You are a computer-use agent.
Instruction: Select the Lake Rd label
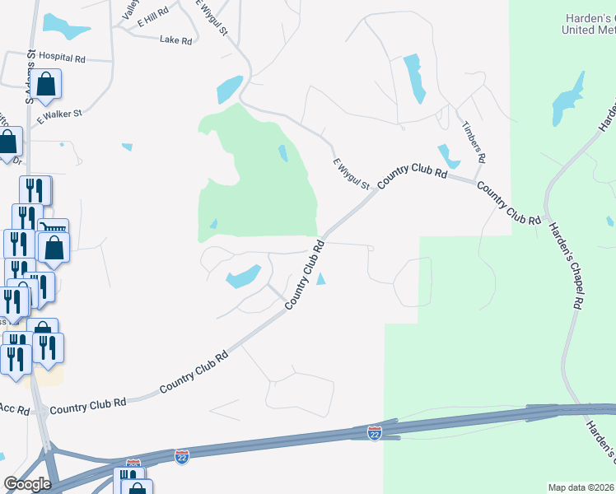tap(175, 40)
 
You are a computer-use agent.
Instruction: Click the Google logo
tap(27, 484)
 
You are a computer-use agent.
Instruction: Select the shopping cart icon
tap(54, 228)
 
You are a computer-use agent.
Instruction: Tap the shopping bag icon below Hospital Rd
tap(48, 84)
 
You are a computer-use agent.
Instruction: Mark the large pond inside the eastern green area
tap(569, 99)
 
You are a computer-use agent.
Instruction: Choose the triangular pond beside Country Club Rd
tap(320, 280)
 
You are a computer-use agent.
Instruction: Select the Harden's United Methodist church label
tap(588, 24)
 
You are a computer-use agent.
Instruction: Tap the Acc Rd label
tap(14, 408)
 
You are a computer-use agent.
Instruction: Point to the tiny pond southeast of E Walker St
tap(126, 147)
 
